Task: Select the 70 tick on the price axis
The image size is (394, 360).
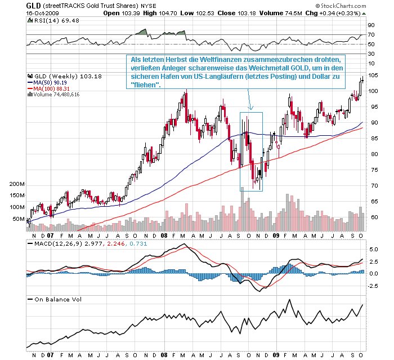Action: pyautogui.click(x=371, y=186)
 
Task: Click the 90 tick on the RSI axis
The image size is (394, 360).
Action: pyautogui.click(x=371, y=25)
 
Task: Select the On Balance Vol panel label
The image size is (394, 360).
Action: pyautogui.click(x=59, y=299)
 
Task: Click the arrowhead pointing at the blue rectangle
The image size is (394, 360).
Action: pyautogui.click(x=251, y=108)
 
